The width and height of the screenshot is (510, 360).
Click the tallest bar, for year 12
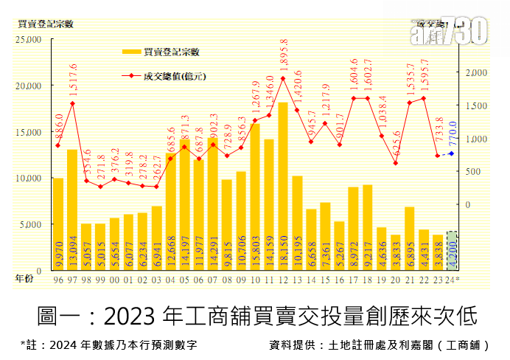click(x=283, y=184)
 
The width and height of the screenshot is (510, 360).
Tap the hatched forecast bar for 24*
click(x=453, y=250)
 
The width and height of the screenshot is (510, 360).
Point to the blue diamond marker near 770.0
click(x=452, y=153)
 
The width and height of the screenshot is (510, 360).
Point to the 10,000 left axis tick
click(x=29, y=178)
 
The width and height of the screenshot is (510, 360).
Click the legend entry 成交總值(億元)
click(x=172, y=75)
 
